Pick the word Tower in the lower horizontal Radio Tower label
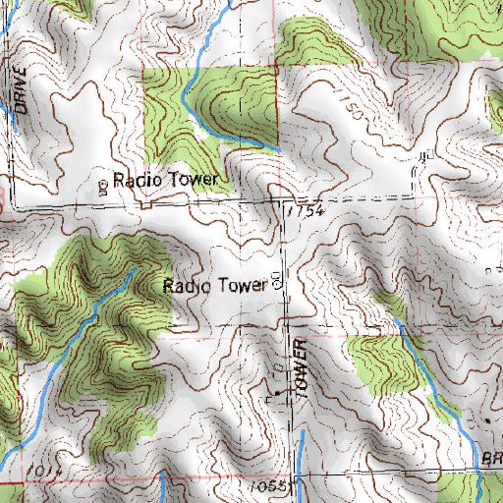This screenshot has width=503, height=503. (242, 286)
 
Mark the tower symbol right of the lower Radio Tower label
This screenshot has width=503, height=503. (276, 282)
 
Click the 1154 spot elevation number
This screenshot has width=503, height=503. (304, 211)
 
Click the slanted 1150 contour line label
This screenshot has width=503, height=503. (354, 110)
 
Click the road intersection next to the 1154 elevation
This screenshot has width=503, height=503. (279, 200)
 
